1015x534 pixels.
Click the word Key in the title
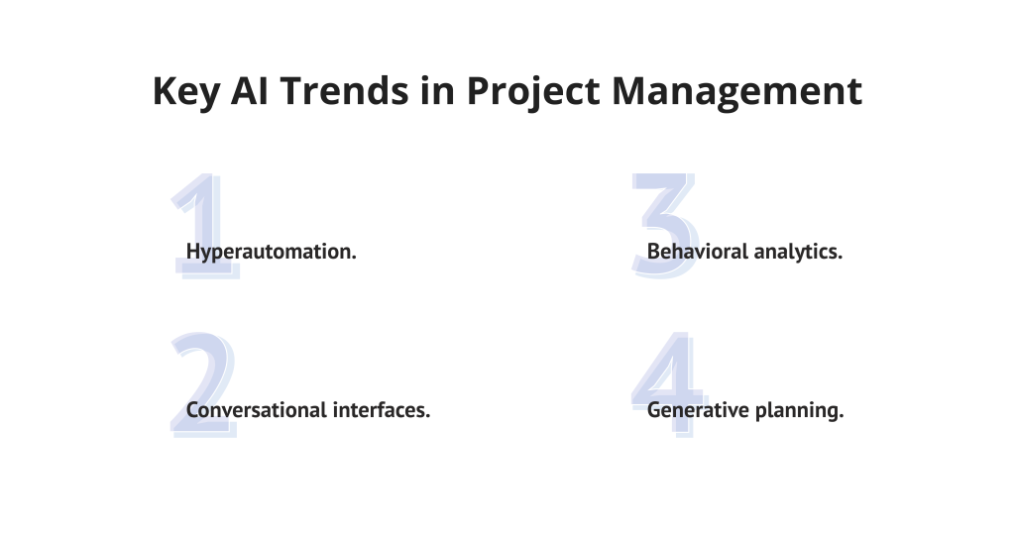(x=185, y=91)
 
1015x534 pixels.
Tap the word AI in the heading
(x=249, y=90)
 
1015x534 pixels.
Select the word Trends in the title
(x=344, y=90)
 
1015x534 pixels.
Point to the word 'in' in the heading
(x=437, y=90)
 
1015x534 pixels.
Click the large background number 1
(x=205, y=226)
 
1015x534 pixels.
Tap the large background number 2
(x=203, y=384)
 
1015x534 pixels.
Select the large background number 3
(x=665, y=226)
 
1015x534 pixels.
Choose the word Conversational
(x=257, y=410)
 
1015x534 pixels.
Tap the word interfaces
(x=379, y=410)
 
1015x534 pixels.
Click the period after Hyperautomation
(x=354, y=259)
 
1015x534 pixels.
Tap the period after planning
(x=841, y=417)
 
